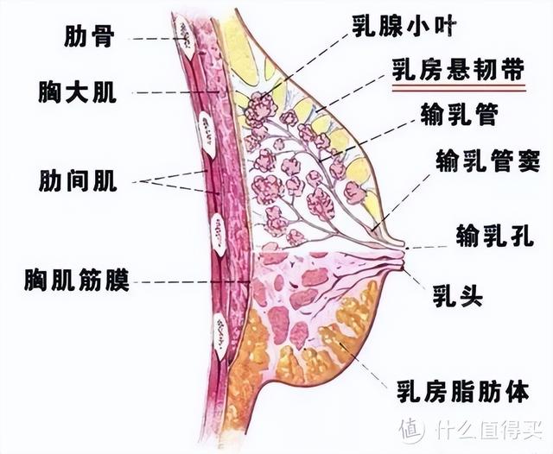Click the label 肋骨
click(89, 36)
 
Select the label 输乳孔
click(489, 233)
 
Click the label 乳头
click(457, 298)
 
